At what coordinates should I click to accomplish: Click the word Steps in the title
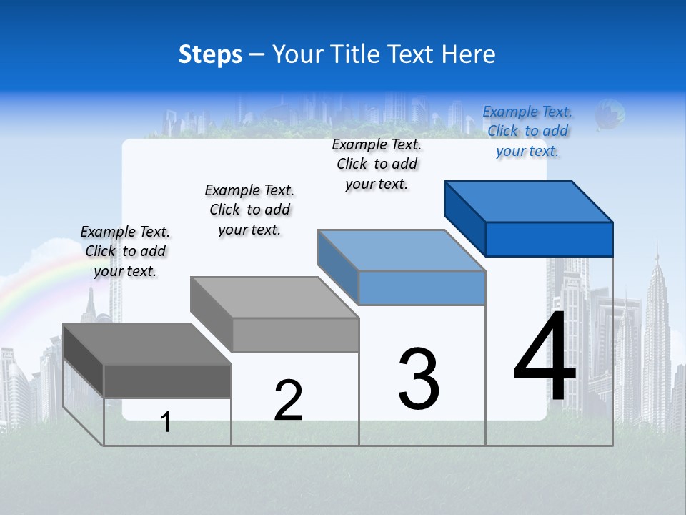tap(210, 54)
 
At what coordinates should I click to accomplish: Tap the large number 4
tap(545, 358)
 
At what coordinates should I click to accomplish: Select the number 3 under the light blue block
tap(419, 379)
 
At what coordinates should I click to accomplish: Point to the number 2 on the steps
tap(289, 401)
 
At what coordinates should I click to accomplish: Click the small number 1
tap(166, 423)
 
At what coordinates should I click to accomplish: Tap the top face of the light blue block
tap(401, 250)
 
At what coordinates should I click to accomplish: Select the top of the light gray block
tap(274, 298)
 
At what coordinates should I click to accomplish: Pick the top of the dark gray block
tap(146, 344)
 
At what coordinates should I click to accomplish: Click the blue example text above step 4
tap(527, 132)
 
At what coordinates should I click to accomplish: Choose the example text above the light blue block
tap(377, 164)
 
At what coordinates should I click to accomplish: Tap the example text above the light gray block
tap(249, 210)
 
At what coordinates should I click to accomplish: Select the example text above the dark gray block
tap(125, 251)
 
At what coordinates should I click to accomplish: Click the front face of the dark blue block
tap(549, 239)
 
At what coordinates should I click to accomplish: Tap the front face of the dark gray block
tap(167, 381)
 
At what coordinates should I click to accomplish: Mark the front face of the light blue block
tap(422, 288)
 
